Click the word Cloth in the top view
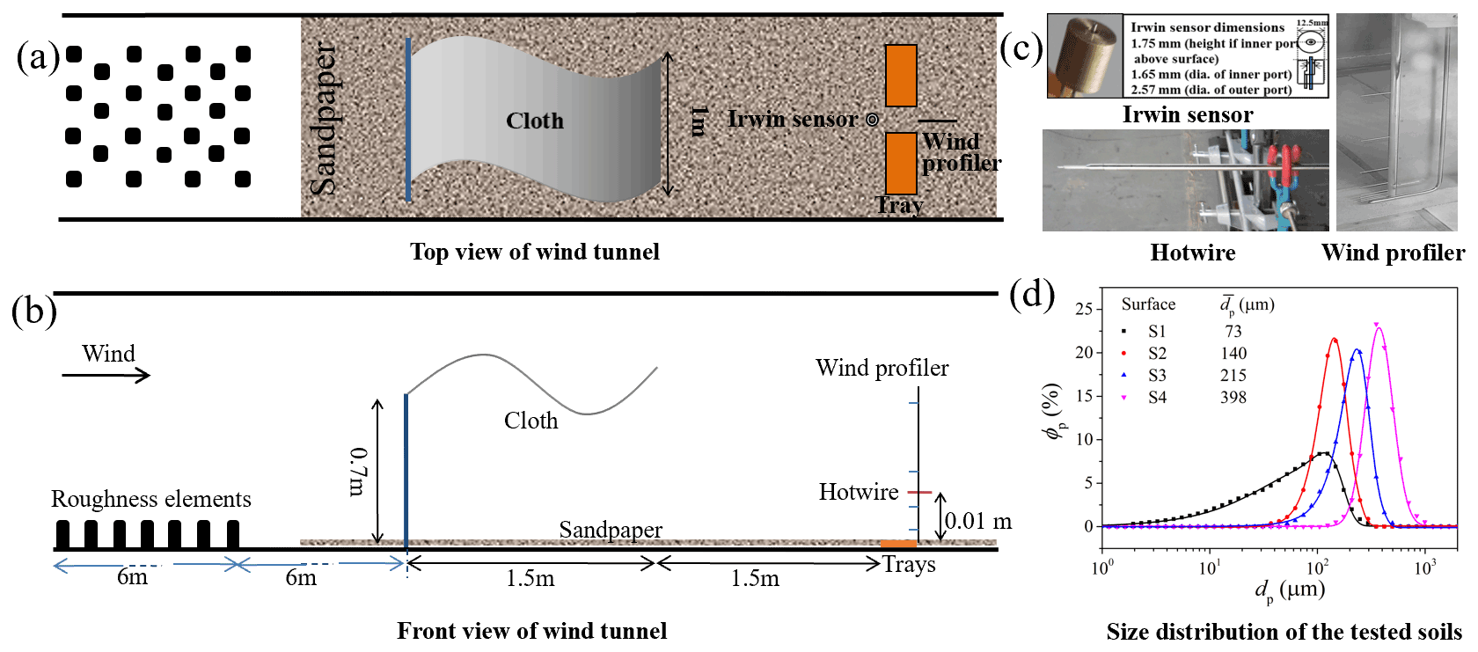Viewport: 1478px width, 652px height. [x=534, y=121]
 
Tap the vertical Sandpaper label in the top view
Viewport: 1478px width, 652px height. [x=323, y=120]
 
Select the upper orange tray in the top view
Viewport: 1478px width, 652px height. [x=901, y=76]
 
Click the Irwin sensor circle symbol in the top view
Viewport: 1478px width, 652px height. [x=872, y=120]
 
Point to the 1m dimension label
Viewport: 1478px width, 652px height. [x=699, y=121]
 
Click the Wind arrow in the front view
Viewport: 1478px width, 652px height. [x=106, y=376]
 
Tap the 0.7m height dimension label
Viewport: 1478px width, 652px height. [x=358, y=472]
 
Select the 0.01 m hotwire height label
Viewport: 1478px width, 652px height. [x=977, y=521]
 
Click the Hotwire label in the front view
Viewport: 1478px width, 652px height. [x=858, y=492]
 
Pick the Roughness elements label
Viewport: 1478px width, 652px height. [x=150, y=499]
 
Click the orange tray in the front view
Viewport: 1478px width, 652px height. [x=898, y=544]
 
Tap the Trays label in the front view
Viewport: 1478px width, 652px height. [x=909, y=564]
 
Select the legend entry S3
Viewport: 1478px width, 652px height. [x=1157, y=375]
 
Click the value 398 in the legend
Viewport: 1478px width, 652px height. [x=1233, y=397]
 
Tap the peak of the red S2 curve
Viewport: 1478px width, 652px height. [x=1335, y=340]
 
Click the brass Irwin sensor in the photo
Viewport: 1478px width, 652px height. [x=1085, y=55]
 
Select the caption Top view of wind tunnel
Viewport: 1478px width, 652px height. [x=534, y=253]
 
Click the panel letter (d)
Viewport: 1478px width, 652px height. [x=1032, y=294]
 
